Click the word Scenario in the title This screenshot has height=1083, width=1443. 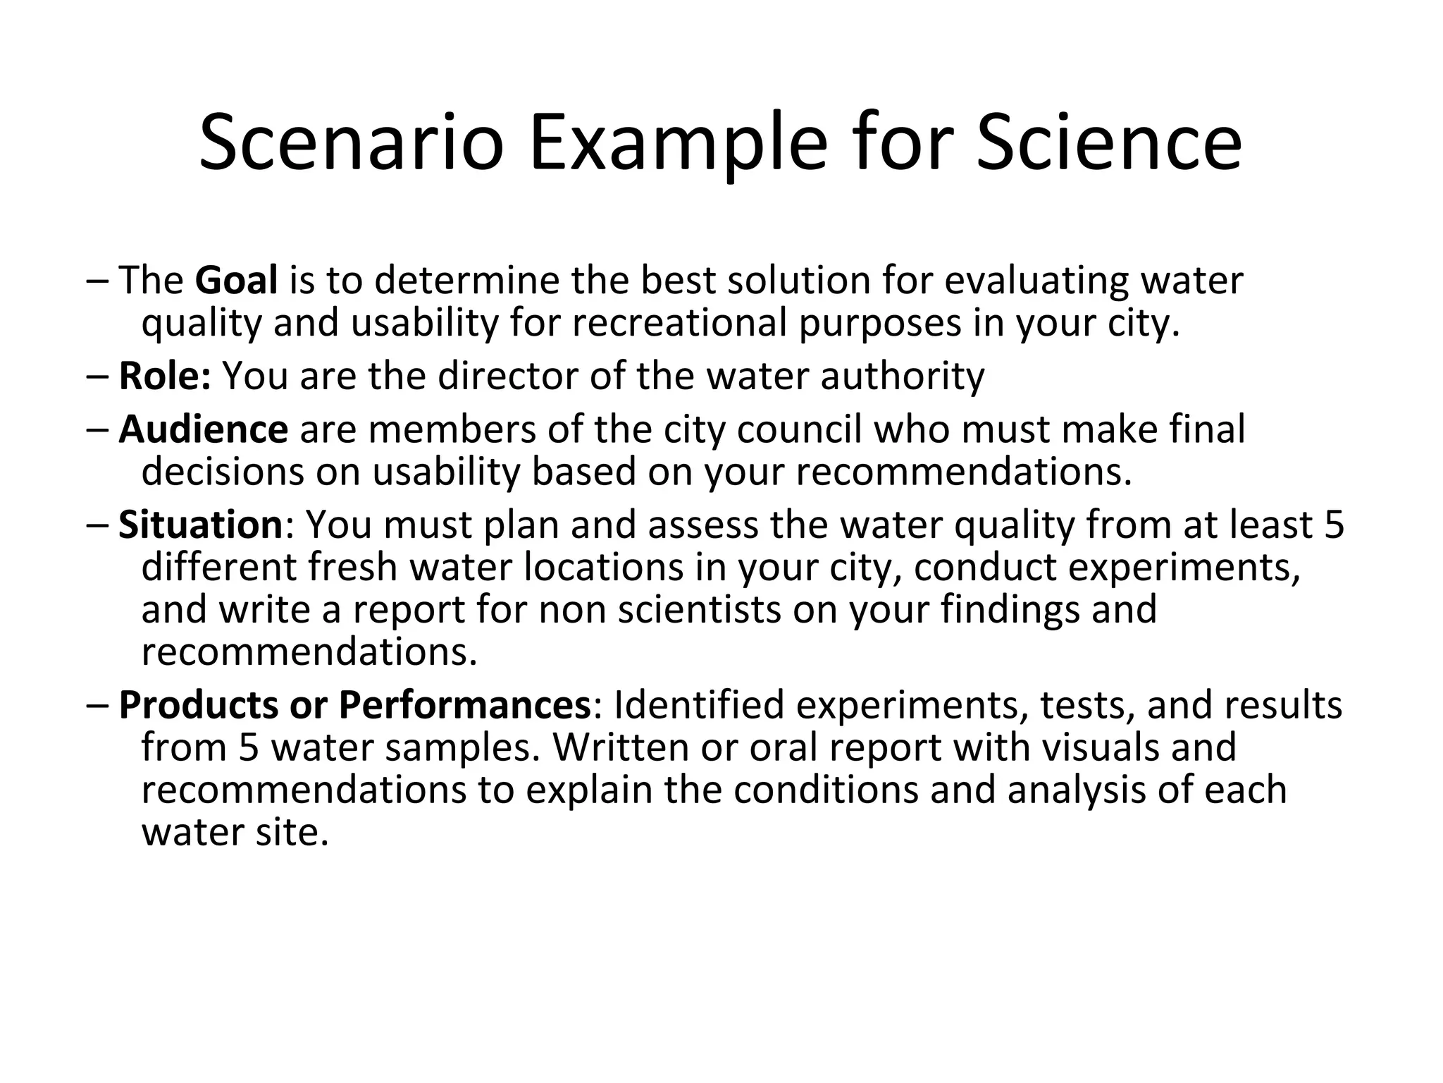(352, 144)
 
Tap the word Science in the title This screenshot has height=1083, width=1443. (1108, 144)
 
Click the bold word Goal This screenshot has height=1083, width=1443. (236, 280)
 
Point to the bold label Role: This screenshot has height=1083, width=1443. (165, 375)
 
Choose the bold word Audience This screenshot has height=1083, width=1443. (203, 429)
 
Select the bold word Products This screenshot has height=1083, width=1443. (198, 704)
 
